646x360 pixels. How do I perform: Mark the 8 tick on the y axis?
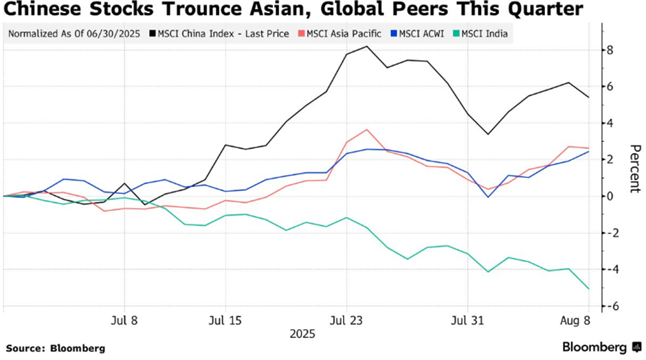coord(609,50)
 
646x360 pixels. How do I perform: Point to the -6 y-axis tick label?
coord(606,306)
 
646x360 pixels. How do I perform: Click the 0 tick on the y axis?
coord(609,196)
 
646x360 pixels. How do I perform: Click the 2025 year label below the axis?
coord(302,334)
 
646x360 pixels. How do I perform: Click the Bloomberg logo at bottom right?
coord(598,348)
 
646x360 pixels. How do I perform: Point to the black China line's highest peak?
coord(366,47)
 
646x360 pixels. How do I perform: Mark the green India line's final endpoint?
coord(589,289)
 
